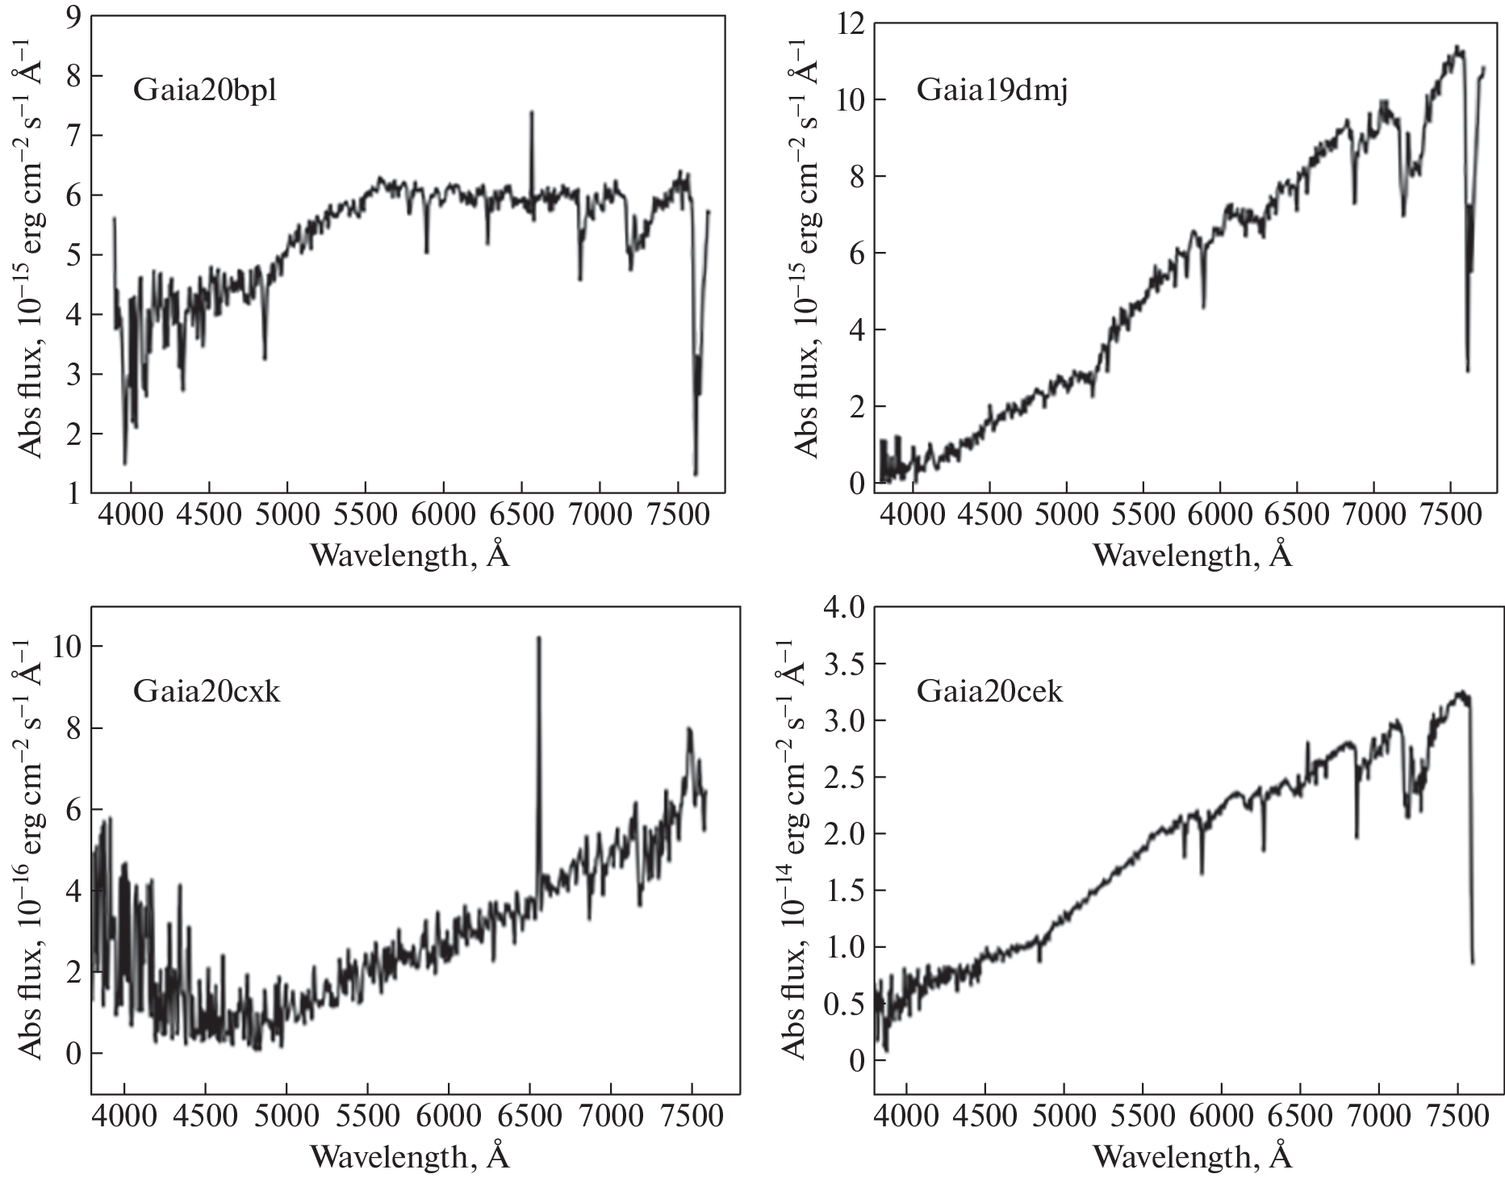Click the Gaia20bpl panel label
204,90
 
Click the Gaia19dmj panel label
992,91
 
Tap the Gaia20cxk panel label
207,692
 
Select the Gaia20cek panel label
989,692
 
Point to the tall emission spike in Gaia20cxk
538,639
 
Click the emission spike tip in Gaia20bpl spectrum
531,113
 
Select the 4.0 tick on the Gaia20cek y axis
843,607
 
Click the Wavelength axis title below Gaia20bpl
410,554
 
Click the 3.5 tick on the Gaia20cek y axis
843,664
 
